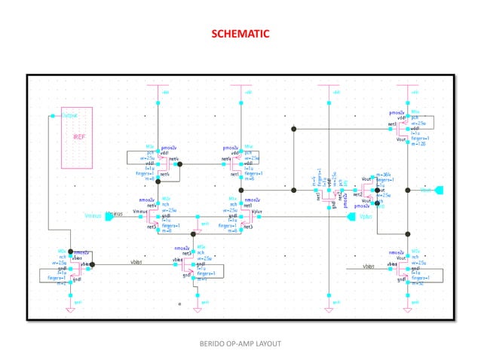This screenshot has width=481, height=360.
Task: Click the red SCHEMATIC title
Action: (x=240, y=34)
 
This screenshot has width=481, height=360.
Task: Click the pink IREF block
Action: (x=78, y=138)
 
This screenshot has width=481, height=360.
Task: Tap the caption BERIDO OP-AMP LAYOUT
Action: (x=240, y=343)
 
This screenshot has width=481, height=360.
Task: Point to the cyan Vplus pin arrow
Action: (x=351, y=217)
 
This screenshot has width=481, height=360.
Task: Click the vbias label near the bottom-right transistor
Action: (x=367, y=266)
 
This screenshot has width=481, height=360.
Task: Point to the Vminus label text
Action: (x=113, y=215)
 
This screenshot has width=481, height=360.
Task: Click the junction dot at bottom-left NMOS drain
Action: (x=69, y=252)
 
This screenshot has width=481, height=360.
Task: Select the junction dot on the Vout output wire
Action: (x=407, y=190)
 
